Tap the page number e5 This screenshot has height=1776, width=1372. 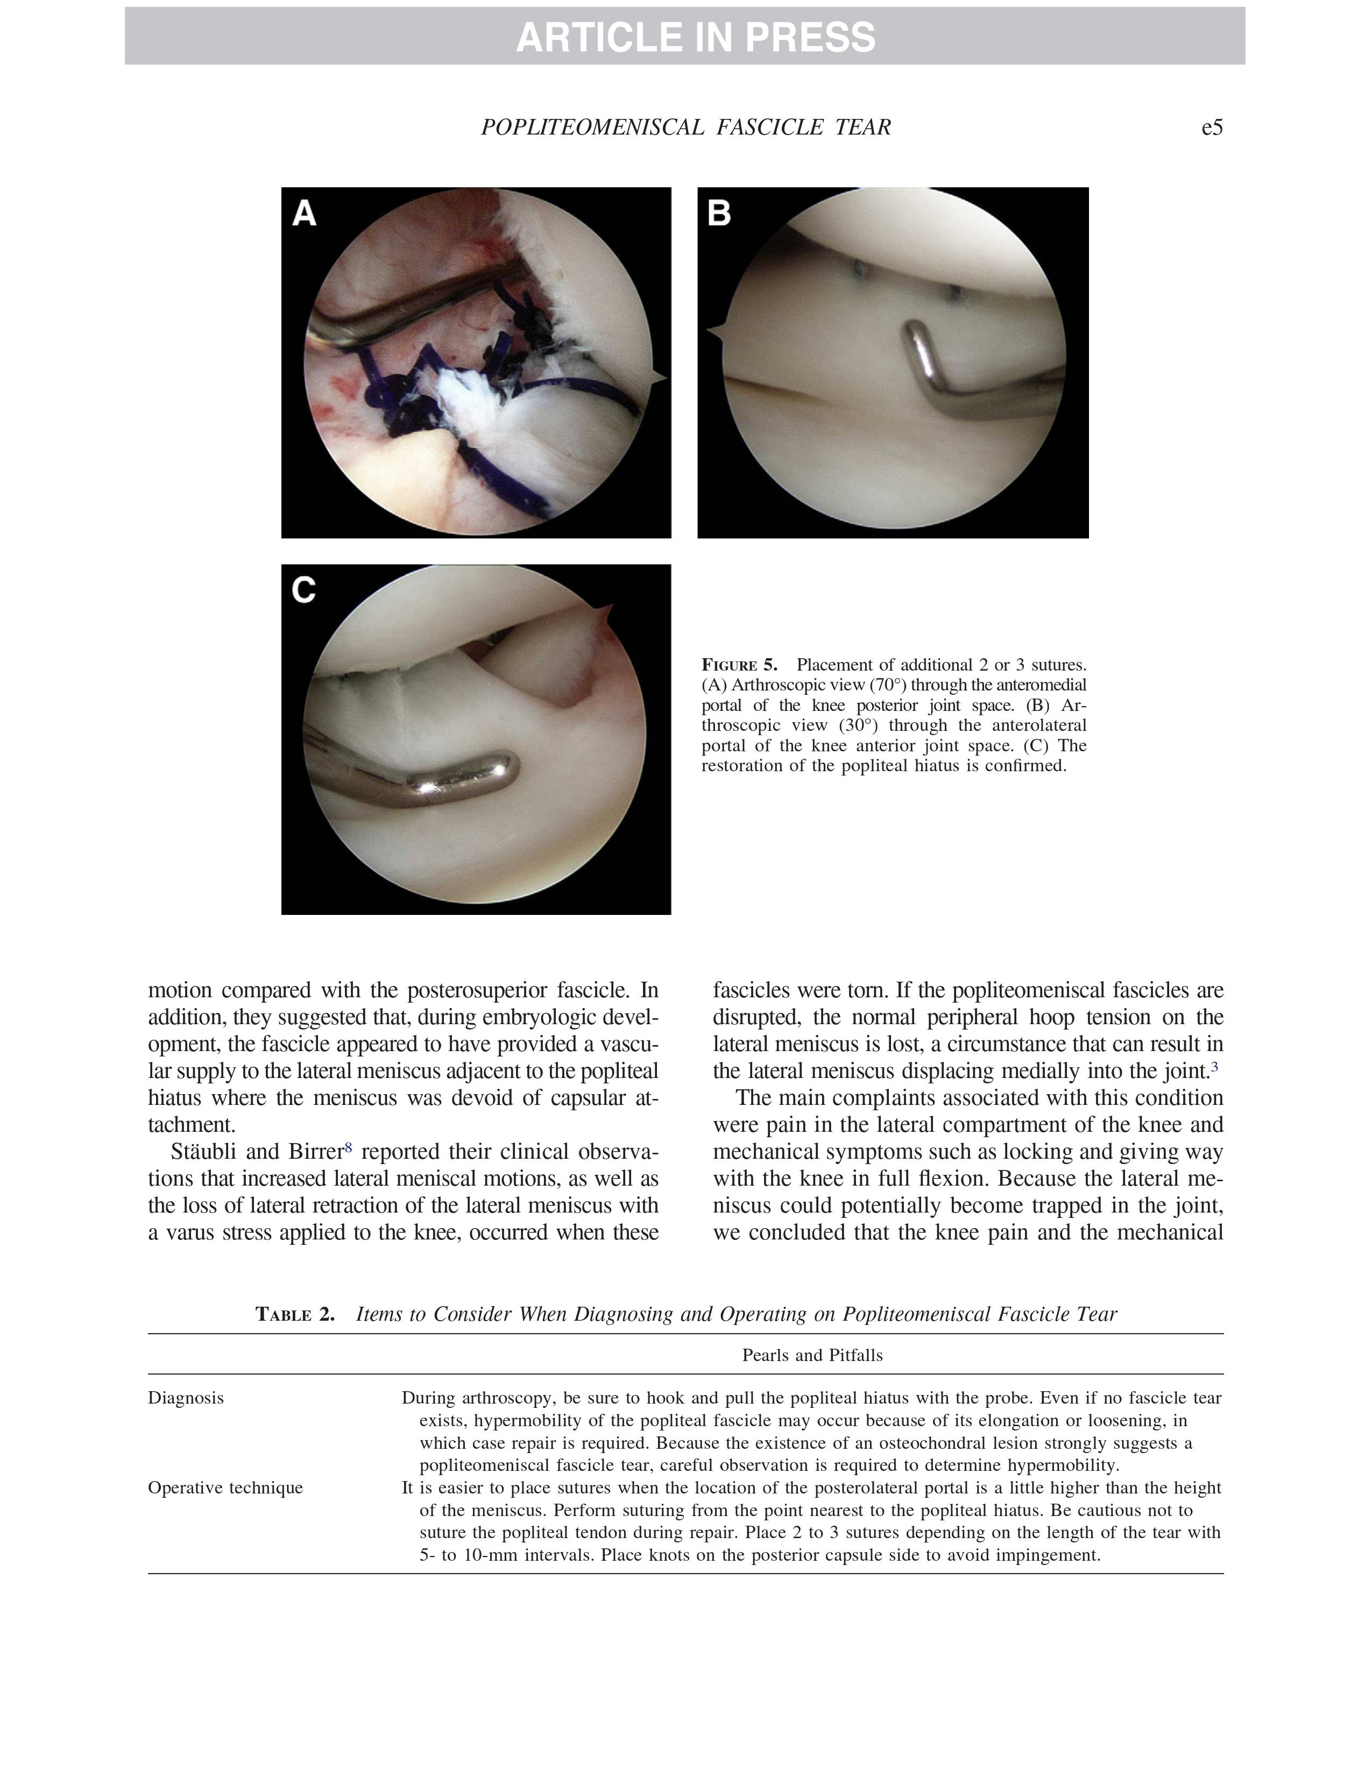point(1211,128)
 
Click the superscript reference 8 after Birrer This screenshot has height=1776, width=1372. point(348,1147)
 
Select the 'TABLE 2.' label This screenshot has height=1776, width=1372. point(295,1314)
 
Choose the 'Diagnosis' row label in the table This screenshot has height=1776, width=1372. point(185,1398)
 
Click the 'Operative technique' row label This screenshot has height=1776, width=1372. point(225,1488)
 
